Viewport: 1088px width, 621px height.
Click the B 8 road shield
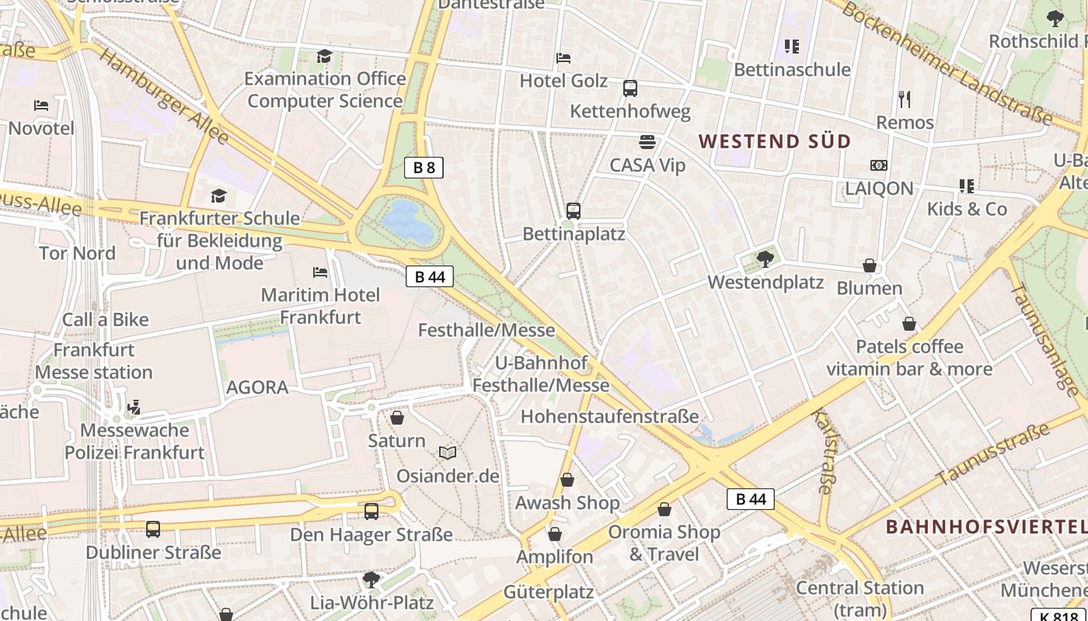(x=424, y=167)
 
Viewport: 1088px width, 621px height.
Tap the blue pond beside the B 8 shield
(x=408, y=220)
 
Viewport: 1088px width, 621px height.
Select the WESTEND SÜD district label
(x=775, y=141)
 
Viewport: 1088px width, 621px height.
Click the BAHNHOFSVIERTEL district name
(x=985, y=527)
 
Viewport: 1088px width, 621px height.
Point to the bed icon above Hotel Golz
(x=563, y=58)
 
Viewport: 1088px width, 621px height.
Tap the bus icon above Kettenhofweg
(x=630, y=88)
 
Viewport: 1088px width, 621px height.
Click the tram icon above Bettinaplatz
(x=574, y=210)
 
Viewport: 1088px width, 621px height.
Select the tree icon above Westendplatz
(x=765, y=259)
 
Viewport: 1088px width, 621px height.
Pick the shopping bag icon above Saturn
(x=397, y=418)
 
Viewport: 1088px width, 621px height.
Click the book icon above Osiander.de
(x=448, y=453)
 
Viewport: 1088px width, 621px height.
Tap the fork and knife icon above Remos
(x=904, y=99)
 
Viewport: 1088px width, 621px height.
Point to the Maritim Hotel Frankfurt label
(x=320, y=306)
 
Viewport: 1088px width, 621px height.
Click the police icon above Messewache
(x=134, y=407)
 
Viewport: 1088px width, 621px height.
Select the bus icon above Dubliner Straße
(x=153, y=529)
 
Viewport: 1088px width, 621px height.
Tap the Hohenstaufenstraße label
(x=609, y=416)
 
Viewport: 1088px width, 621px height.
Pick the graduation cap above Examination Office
(x=324, y=56)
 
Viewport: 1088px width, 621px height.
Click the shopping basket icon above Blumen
(x=870, y=265)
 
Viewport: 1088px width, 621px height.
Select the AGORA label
(x=257, y=387)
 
